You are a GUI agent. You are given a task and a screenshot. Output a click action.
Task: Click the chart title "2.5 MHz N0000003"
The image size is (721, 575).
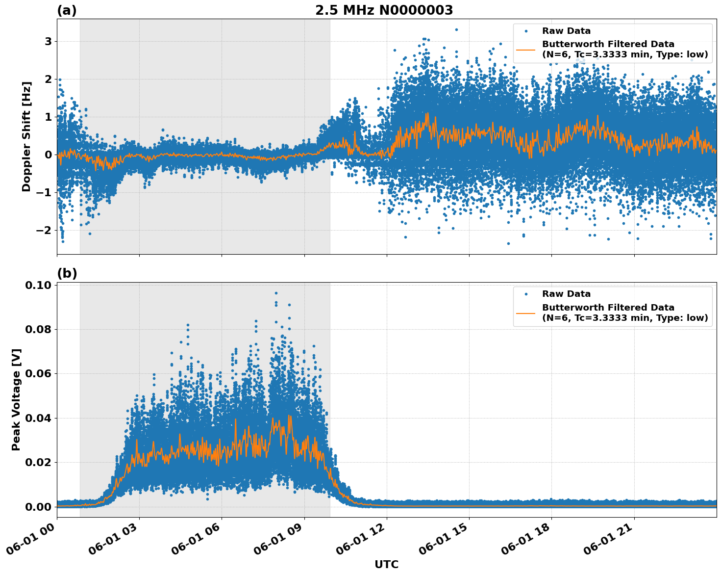coord(384,10)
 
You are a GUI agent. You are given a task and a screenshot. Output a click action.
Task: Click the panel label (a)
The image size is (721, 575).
coord(67,10)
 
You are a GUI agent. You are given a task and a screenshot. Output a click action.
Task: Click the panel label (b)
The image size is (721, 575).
coord(67,273)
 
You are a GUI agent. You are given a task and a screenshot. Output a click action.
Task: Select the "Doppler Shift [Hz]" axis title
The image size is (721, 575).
coord(26,136)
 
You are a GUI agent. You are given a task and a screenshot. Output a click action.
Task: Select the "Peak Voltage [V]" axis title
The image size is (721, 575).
coord(16,399)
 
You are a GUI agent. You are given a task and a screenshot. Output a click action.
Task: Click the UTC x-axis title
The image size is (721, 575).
coord(386,564)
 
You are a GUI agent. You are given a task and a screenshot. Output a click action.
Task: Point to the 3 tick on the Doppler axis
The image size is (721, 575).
coord(48,42)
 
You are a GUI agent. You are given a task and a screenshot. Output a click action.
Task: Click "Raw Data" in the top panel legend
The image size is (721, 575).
coord(566,31)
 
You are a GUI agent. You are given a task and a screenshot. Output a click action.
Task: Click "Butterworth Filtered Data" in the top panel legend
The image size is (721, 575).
coord(608,44)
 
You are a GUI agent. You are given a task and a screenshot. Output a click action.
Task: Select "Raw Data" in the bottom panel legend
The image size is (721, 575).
coord(566,294)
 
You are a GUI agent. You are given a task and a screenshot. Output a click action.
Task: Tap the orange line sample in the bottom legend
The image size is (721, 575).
coord(525,313)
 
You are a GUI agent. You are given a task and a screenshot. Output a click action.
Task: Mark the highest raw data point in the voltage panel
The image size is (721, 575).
coord(276,293)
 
